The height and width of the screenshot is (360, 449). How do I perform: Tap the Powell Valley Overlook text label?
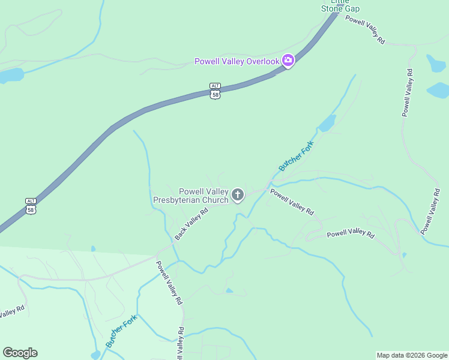coord(237,61)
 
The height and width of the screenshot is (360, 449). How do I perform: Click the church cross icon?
coord(238,194)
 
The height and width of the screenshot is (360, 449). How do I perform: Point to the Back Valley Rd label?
coord(191,224)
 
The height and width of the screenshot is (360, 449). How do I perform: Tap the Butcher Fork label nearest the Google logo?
coord(121,331)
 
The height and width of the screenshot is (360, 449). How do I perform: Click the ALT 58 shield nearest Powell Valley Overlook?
coord(215,91)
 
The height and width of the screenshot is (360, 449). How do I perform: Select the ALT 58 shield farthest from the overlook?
coord(31,206)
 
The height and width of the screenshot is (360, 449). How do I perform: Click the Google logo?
coord(20,353)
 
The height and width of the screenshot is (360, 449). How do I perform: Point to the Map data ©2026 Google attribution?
coord(412,355)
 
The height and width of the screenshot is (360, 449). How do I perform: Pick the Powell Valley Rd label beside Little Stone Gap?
coord(365,29)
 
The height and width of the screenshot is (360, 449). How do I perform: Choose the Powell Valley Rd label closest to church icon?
coord(292,202)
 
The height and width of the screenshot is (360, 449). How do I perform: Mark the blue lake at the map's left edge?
coord(11,76)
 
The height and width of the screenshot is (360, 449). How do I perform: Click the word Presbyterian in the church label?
coord(179,200)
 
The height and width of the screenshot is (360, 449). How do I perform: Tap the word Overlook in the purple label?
coord(264,61)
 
